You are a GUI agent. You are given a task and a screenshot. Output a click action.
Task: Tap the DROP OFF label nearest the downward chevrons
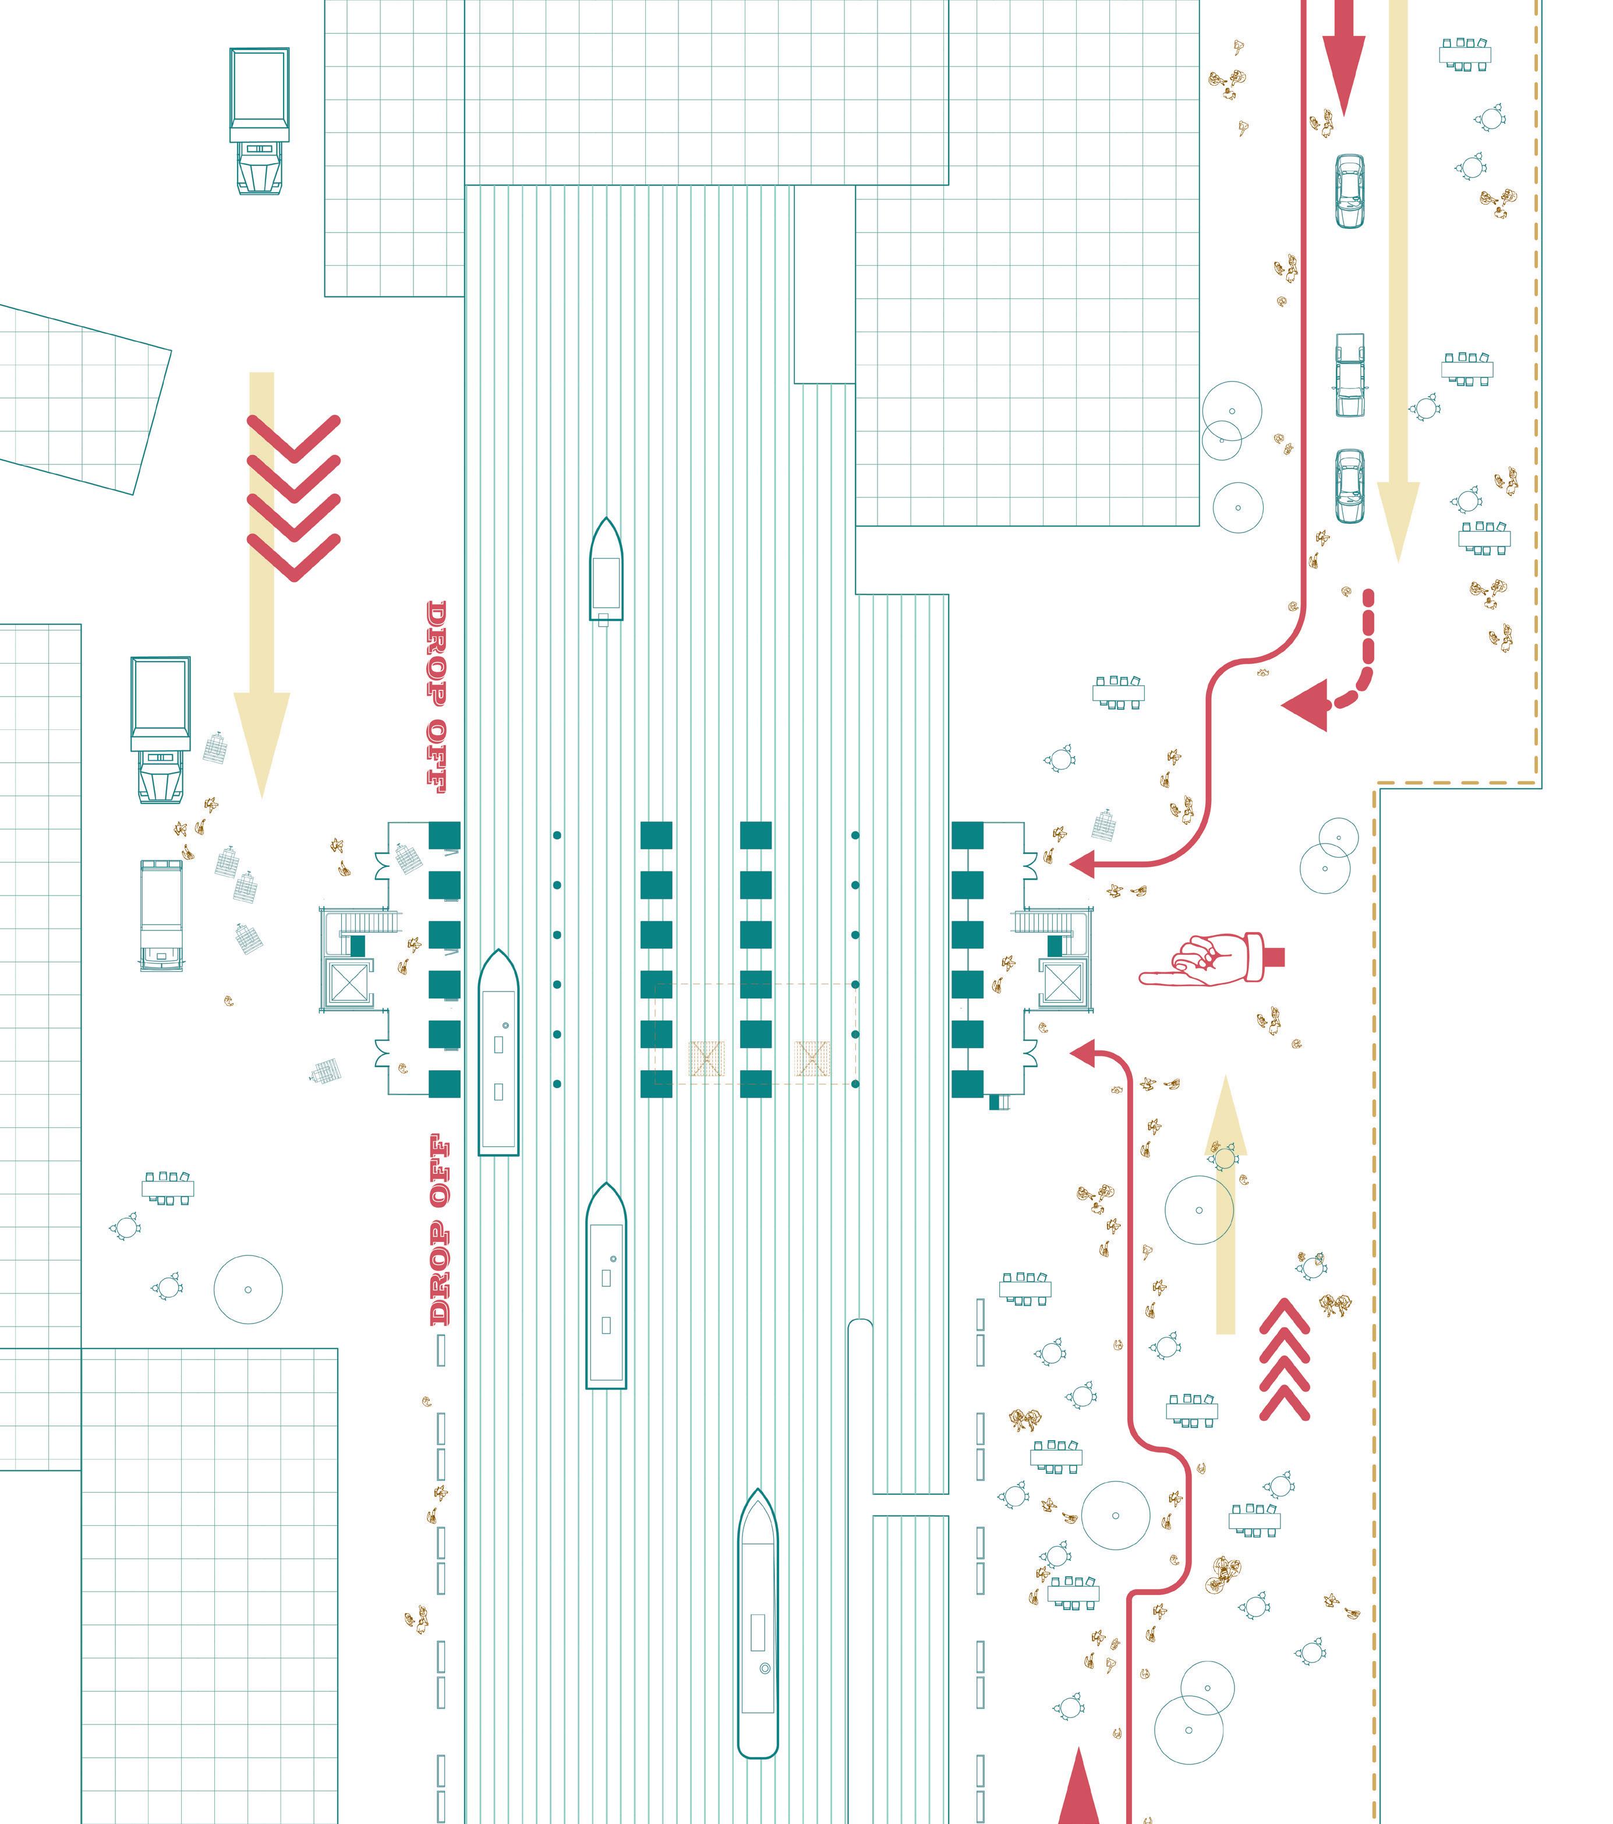pos(436,697)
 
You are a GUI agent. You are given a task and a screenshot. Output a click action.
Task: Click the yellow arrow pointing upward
pos(1226,1205)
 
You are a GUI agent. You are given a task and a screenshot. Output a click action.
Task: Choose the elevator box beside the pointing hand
pos(1062,983)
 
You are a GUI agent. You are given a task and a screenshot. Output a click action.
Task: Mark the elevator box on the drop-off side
pos(346,983)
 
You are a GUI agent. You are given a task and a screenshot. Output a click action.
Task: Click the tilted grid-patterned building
pos(80,397)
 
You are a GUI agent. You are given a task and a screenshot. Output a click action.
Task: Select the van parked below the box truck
pos(161,915)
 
